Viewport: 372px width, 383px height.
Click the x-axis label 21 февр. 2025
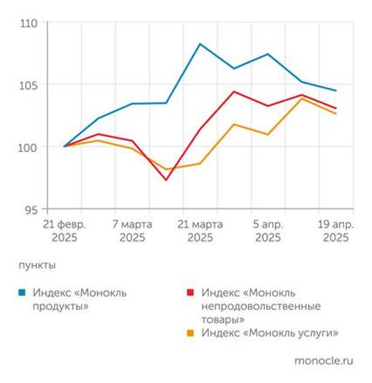tap(64, 231)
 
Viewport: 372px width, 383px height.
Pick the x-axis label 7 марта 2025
tap(132, 231)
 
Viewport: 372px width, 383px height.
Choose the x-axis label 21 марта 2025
tap(200, 231)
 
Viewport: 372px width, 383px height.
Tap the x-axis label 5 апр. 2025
tap(268, 231)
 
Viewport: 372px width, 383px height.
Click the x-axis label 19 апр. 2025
tap(335, 231)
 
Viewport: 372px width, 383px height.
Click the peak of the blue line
tap(200, 44)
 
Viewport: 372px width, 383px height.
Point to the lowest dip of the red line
tap(166, 180)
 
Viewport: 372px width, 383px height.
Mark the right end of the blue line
tap(336, 91)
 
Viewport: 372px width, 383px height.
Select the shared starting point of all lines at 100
tap(64, 146)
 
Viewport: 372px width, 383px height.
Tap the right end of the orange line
tap(336, 113)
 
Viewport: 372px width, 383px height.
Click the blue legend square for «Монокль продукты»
tap(22, 293)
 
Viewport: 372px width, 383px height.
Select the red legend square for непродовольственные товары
tap(190, 293)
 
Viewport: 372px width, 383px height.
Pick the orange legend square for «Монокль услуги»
tap(190, 333)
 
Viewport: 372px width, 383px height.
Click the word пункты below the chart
tap(37, 265)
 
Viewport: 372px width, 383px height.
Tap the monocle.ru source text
tap(323, 361)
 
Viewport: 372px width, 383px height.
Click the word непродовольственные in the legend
tap(261, 306)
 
